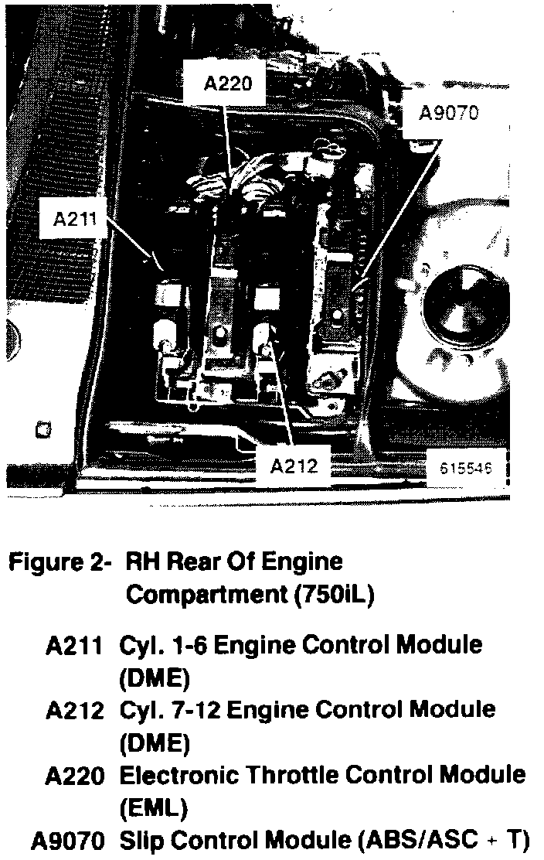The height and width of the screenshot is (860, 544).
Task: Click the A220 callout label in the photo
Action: coord(227,83)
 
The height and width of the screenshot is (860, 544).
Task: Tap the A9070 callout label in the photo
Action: coord(448,113)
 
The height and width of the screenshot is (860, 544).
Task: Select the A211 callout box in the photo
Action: coord(74,219)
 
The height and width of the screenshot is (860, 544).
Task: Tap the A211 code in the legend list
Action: coord(74,644)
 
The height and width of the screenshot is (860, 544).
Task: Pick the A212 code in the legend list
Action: coord(74,709)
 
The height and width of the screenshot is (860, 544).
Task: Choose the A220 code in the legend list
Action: coord(74,774)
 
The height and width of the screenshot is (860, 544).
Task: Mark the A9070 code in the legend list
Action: coord(68,839)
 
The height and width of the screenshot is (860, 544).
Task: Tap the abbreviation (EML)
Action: coord(153,808)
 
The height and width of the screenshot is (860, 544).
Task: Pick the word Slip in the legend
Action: coord(139,839)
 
